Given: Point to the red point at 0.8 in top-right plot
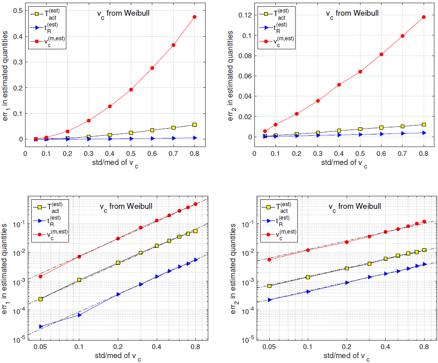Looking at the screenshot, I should [424, 17].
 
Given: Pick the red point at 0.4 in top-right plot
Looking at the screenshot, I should [339, 85].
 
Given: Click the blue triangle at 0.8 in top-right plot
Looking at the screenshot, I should [424, 133].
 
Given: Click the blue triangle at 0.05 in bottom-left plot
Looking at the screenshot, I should [41, 327].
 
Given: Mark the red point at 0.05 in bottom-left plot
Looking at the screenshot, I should [41, 277].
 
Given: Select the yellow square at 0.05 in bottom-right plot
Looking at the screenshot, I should [269, 286].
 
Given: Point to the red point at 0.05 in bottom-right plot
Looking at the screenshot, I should [269, 259].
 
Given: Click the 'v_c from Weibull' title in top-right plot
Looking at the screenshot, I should [352, 13].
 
